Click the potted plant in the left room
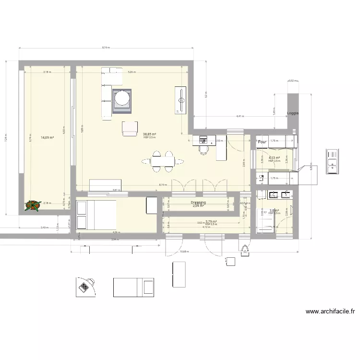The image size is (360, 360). point(33,205)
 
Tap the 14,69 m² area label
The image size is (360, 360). point(47,138)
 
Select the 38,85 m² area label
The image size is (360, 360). point(149,134)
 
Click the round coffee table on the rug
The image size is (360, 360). point(122,99)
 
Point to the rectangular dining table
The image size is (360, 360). point(162,161)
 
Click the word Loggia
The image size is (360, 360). point(293,113)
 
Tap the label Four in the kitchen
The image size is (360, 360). point(262,142)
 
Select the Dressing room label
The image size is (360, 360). point(198,203)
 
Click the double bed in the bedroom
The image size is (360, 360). point(96,215)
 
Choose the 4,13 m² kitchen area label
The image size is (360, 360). point(274,157)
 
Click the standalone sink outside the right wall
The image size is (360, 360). point(332,161)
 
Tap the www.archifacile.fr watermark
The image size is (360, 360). point(331,312)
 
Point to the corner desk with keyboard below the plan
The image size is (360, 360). point(85,287)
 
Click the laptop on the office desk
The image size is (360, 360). point(203,140)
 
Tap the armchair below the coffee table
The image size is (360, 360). point(130,128)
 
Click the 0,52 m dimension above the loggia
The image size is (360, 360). point(290,81)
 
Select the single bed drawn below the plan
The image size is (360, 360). point(133,288)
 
